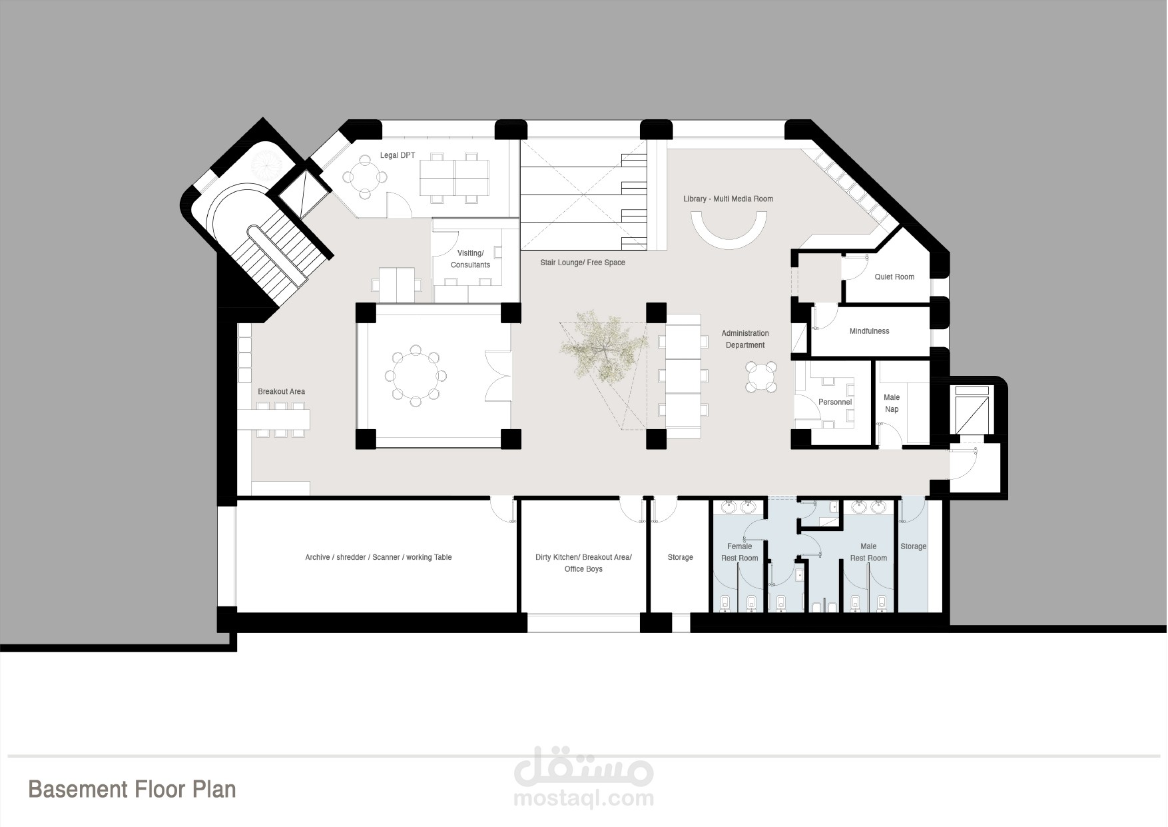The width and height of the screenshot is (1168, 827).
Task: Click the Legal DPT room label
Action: (x=397, y=155)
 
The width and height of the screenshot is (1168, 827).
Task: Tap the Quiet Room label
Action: (x=894, y=277)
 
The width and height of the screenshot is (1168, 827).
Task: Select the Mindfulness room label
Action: (x=869, y=331)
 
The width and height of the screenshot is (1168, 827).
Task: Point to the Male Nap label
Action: (x=892, y=403)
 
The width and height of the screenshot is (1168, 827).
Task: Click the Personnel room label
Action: (x=835, y=402)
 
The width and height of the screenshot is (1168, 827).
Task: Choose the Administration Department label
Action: (x=745, y=339)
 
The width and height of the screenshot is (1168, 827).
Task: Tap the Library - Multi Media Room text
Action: (x=729, y=199)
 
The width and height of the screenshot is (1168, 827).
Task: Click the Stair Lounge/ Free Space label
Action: (x=583, y=263)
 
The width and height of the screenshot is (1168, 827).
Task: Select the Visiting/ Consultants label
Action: (x=470, y=259)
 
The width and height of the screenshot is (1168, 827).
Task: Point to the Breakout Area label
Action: (x=281, y=391)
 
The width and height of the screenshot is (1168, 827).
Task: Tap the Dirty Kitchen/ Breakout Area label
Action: (x=583, y=557)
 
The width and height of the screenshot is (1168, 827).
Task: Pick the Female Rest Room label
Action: (x=739, y=552)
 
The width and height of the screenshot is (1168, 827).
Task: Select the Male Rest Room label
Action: (x=868, y=552)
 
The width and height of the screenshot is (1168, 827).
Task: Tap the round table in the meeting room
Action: (x=416, y=375)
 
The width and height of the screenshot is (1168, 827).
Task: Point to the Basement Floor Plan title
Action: (x=132, y=789)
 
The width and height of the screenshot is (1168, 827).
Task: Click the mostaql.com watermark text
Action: (x=584, y=798)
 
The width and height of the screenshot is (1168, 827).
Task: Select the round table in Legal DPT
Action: (x=364, y=177)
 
